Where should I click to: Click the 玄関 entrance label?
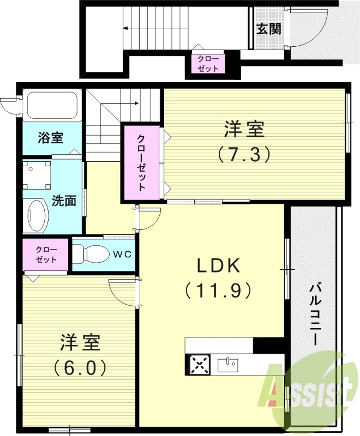tap(269, 29)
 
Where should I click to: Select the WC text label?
tap(121, 254)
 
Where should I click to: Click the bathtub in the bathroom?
tap(52, 106)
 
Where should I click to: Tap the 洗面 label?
tap(64, 201)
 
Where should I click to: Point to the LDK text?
tap(218, 267)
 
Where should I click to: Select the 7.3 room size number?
tap(244, 155)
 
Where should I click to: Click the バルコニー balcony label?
tap(315, 313)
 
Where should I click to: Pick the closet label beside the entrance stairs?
tap(207, 64)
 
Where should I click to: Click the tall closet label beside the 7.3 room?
tap(141, 162)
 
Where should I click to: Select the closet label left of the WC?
tap(46, 255)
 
